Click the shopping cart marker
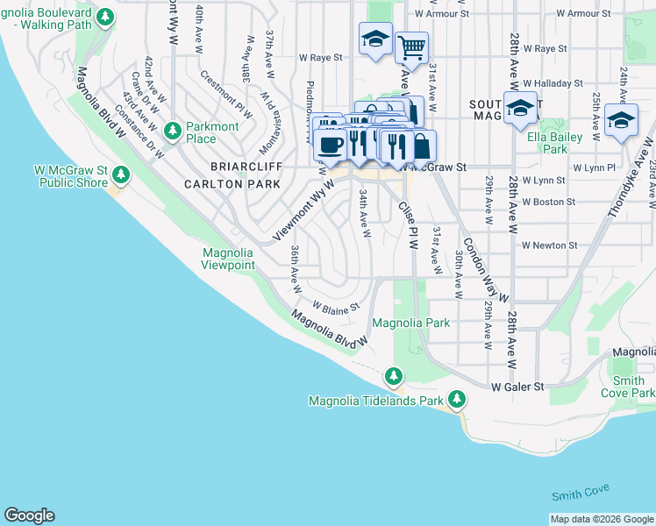click(410, 46)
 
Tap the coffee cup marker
click(331, 145)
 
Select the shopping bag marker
click(421, 146)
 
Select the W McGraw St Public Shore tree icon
click(120, 175)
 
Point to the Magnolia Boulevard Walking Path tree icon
click(105, 17)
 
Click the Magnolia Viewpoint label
click(228, 259)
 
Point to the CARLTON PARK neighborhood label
click(232, 184)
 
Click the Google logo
click(29, 515)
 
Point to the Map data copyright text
click(602, 520)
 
